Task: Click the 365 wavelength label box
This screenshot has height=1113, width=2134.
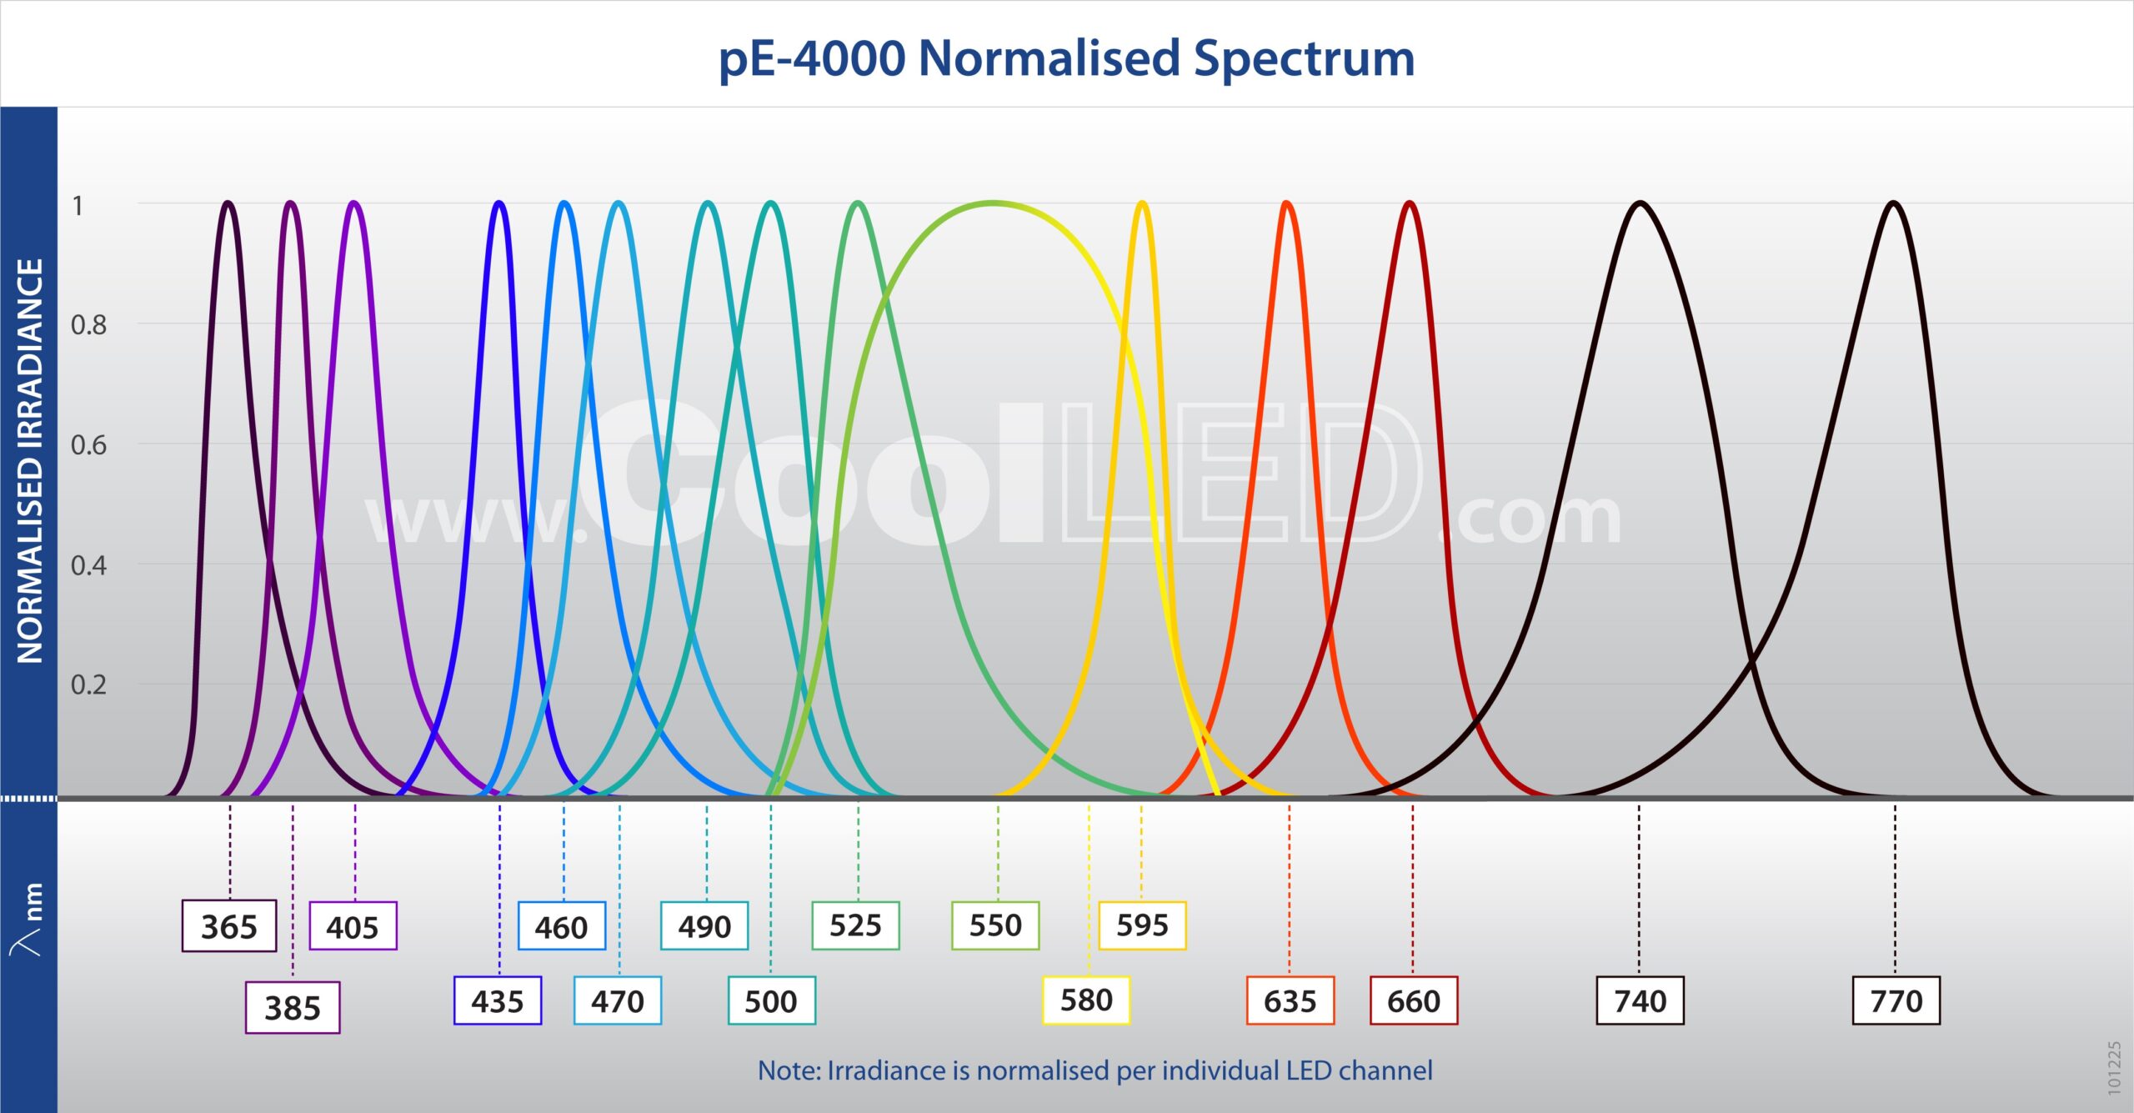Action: pos(229,925)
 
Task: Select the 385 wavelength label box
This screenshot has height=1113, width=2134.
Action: pos(293,1007)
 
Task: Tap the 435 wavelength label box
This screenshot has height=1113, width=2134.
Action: pos(498,1000)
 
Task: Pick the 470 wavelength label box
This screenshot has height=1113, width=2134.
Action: pos(618,1000)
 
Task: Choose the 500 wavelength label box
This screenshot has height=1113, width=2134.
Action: pos(771,1000)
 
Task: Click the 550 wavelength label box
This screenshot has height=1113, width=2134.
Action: pos(995,925)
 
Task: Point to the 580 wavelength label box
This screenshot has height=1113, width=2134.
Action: pos(1086,1000)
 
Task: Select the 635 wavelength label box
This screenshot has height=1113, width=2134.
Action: pos(1290,1000)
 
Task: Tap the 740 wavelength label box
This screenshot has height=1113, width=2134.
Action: pos(1640,1000)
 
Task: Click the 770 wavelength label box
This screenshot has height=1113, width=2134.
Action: pos(1896,1000)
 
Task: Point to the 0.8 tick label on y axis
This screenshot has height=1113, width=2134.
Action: pos(88,325)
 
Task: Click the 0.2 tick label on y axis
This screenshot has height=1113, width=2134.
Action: pos(88,685)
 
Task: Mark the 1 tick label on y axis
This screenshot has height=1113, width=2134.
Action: pos(78,206)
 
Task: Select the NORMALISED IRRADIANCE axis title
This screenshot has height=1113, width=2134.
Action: pos(30,460)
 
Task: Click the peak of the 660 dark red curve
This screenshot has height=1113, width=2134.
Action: pos(1410,203)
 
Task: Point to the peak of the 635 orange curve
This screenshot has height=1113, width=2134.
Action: pos(1287,203)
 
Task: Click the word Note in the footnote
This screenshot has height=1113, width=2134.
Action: pos(787,1070)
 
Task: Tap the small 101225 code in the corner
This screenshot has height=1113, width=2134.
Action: pos(2114,1067)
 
